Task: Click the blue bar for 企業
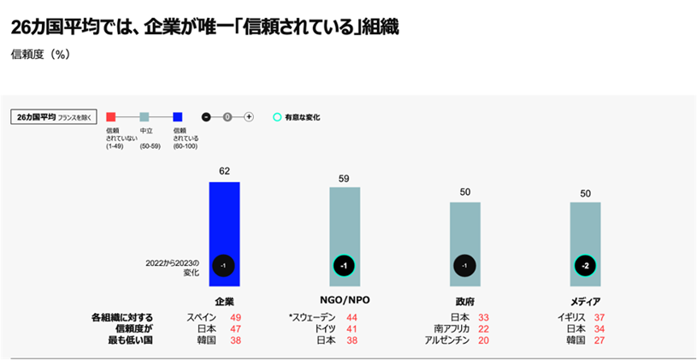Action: (x=224, y=222)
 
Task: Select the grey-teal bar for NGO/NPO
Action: (x=345, y=222)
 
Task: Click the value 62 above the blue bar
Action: (x=224, y=171)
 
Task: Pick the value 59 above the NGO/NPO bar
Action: (x=345, y=179)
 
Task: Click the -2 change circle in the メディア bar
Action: (x=585, y=266)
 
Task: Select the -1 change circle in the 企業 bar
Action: (x=224, y=266)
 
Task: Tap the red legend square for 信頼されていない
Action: (x=111, y=117)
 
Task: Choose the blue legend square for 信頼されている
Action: (x=178, y=117)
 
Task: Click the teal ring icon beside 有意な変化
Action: (x=277, y=117)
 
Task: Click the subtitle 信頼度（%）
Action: (x=40, y=54)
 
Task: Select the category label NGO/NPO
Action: (x=344, y=301)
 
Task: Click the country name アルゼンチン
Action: (x=445, y=339)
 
